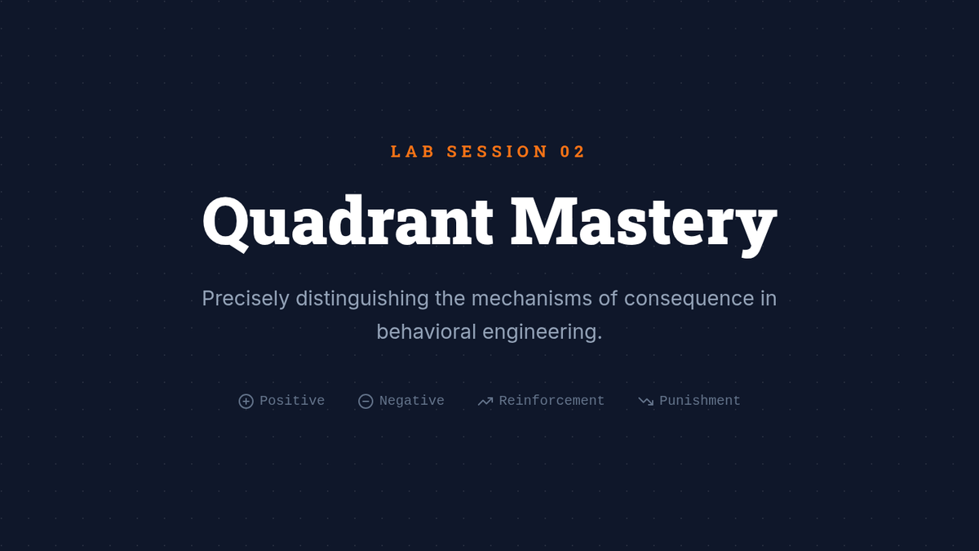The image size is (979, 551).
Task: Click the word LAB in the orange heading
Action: [x=412, y=152]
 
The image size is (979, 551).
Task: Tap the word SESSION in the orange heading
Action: [x=497, y=152]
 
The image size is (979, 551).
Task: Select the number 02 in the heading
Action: [x=572, y=152]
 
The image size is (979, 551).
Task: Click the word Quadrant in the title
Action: [x=348, y=222]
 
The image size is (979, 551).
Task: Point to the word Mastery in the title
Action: [x=644, y=225]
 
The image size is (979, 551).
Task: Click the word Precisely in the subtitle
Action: [x=246, y=299]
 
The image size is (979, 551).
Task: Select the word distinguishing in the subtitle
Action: [x=362, y=299]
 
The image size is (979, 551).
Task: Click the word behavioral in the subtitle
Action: [x=426, y=332]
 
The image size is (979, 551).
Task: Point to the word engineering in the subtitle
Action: [x=542, y=332]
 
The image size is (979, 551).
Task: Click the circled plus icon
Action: [x=246, y=401]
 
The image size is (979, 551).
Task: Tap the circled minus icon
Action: [x=365, y=401]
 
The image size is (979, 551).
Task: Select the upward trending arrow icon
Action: [x=485, y=402]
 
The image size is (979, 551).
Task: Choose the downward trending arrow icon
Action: [x=646, y=401]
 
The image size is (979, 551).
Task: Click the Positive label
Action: [x=292, y=401]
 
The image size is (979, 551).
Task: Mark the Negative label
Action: [x=412, y=401]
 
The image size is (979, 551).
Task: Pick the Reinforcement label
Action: [x=552, y=401]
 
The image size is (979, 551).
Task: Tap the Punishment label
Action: [x=700, y=401]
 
